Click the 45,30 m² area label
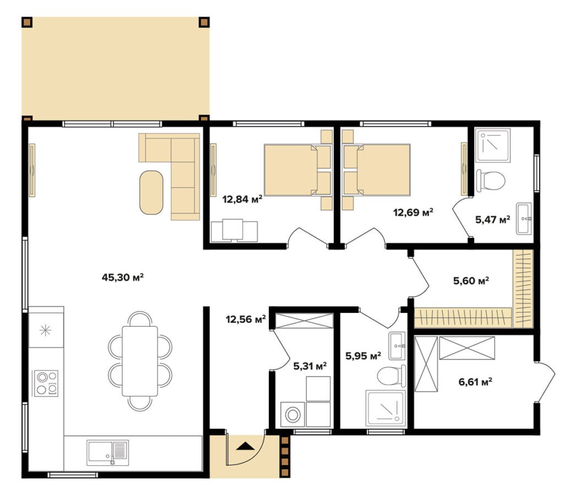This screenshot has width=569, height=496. tap(123, 277)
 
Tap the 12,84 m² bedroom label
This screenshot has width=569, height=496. tap(242, 199)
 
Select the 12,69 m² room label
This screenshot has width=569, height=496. tap(413, 212)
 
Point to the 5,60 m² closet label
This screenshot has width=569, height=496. tap(471, 281)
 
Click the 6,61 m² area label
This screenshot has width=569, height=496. tap(475, 381)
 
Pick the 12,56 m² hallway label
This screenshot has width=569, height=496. tap(246, 319)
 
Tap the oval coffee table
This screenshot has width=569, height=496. tap(151, 192)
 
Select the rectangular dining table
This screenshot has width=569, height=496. tap(140, 361)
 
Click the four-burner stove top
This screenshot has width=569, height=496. tap(46, 383)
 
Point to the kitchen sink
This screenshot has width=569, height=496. tap(108, 453)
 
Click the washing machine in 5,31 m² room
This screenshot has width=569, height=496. tap(293, 414)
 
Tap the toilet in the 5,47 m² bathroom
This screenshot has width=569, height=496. tap(491, 180)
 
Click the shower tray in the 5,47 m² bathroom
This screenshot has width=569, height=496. tap(493, 145)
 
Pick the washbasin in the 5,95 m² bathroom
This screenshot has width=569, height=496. tap(397, 346)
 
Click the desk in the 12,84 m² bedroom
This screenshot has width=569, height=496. tap(235, 231)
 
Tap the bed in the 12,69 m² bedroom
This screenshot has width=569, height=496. tap(377, 170)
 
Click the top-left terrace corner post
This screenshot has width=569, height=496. tap(27, 23)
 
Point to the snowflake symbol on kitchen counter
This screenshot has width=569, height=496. tap(45, 331)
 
